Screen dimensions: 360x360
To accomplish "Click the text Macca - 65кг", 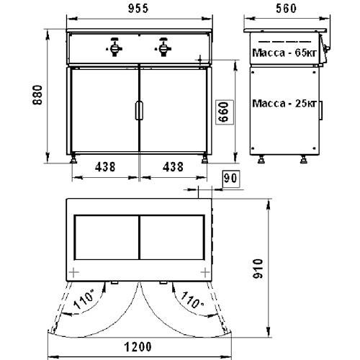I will (x=284, y=53).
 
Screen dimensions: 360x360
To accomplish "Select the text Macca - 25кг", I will (x=284, y=104).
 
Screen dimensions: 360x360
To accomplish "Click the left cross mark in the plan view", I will (x=73, y=271).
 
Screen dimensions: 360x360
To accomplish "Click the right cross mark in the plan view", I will (x=207, y=271).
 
